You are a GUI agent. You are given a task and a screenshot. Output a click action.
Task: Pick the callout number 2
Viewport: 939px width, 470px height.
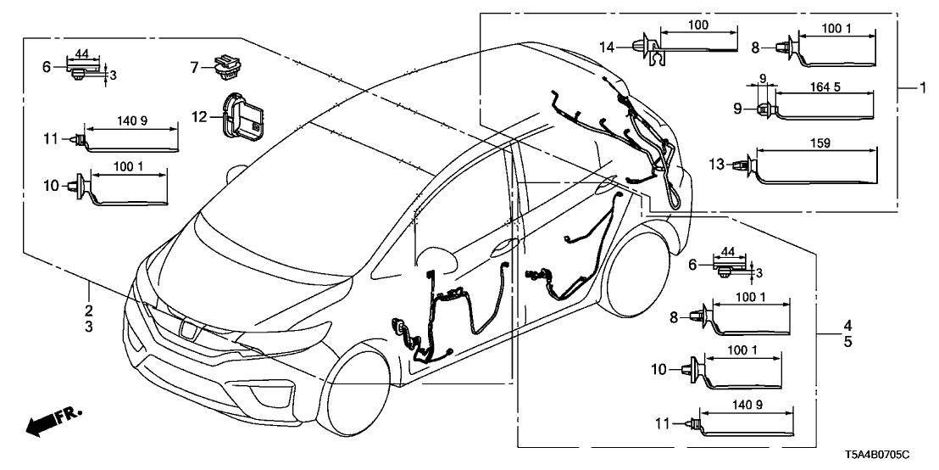pyautogui.click(x=88, y=310)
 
